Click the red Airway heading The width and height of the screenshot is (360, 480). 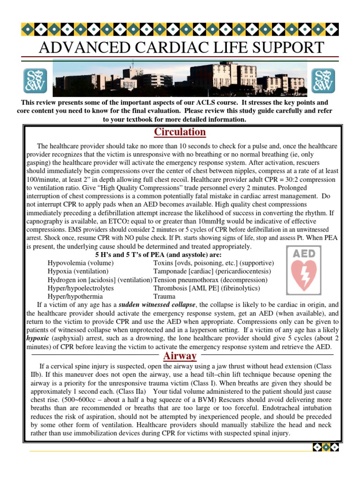(180, 356)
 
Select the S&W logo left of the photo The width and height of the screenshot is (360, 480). (36, 80)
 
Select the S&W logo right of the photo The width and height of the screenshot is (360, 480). (323, 80)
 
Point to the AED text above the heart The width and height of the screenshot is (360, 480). (305, 253)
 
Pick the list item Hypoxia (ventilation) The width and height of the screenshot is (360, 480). (78, 271)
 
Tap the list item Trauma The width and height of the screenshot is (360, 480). (165, 297)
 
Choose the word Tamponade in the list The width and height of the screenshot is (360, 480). (173, 271)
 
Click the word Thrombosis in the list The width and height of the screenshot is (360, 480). (173, 288)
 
